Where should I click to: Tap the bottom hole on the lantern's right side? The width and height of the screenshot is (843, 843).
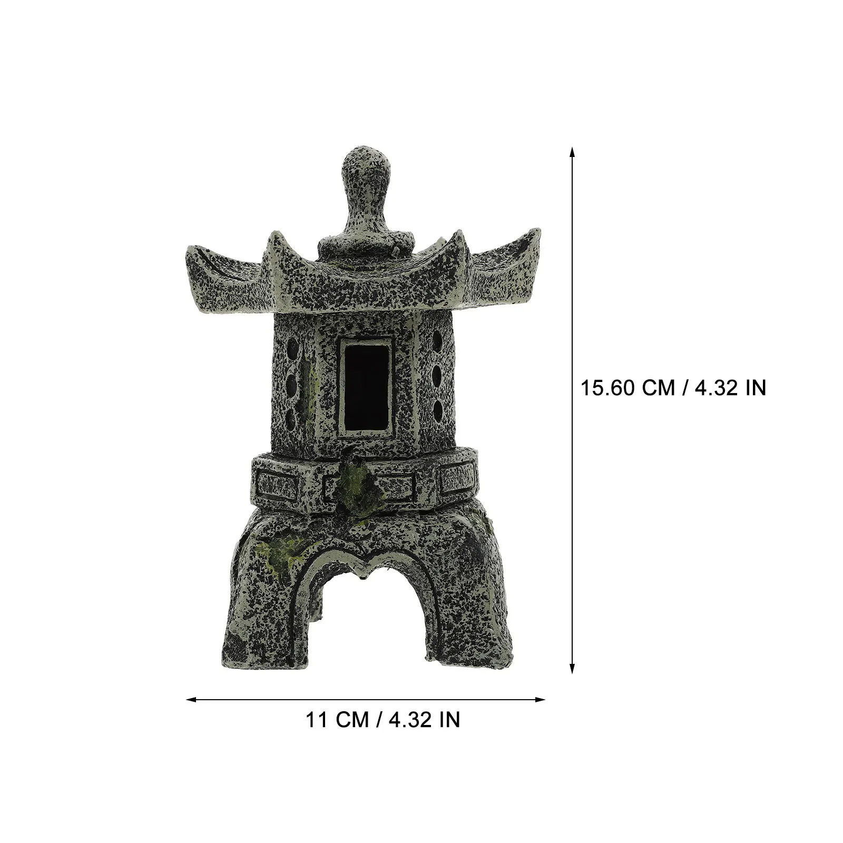click(437, 408)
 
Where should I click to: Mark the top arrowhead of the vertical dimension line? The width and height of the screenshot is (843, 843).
click(572, 152)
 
